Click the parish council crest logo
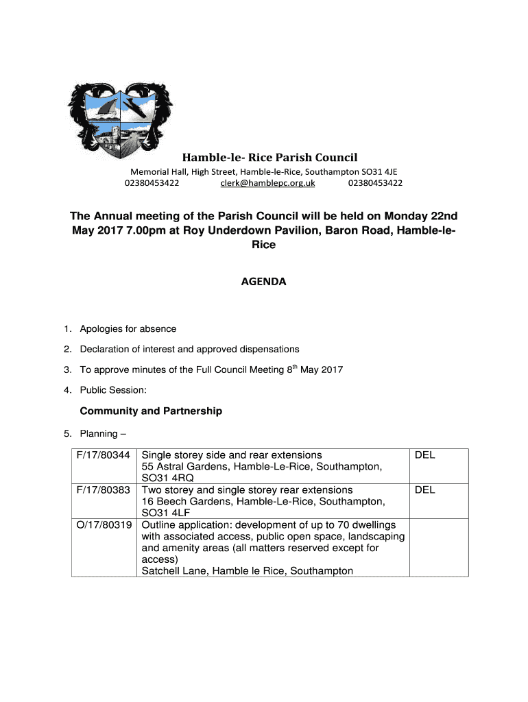point(121,119)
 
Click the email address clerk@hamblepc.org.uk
point(267,183)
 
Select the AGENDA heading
point(264,282)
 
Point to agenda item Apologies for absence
point(128,329)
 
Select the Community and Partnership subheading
point(151,411)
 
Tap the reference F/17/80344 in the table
point(104,455)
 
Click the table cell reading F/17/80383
point(104,490)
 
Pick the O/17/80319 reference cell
point(104,525)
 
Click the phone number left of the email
point(152,183)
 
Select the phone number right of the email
point(375,183)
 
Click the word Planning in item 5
point(99,434)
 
